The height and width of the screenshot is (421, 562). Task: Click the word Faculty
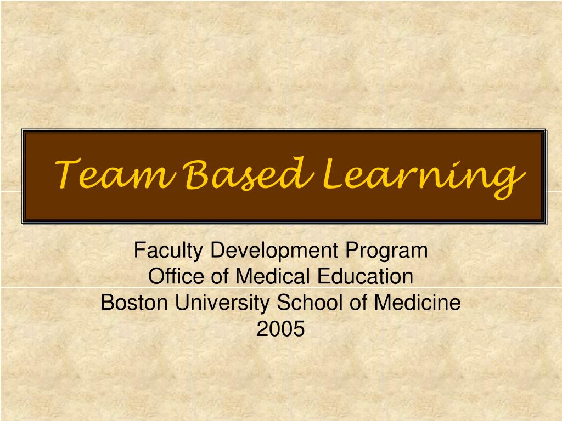pos(170,251)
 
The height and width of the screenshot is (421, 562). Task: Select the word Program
pos(386,251)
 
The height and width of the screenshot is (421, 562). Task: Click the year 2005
pos(280,329)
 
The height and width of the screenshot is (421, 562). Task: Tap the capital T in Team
pos(70,173)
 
